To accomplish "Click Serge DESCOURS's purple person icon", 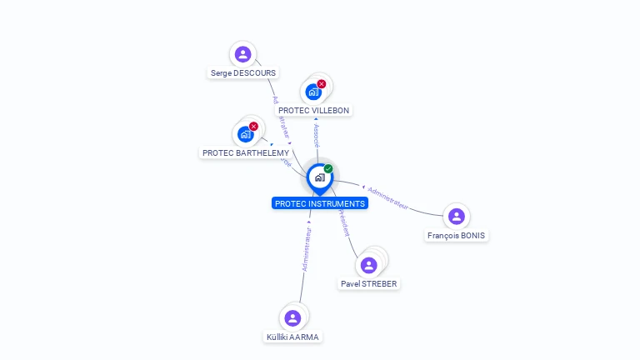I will [x=242, y=55].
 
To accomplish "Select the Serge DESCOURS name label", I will [x=243, y=73].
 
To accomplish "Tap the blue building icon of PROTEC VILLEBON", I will [x=313, y=92].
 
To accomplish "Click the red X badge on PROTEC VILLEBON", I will [x=322, y=84].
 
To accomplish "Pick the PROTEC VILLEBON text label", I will [x=314, y=110].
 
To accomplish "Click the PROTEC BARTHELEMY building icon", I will [x=245, y=134].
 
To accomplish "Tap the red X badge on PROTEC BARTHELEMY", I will [x=253, y=127].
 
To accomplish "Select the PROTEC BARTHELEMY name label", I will [x=246, y=153].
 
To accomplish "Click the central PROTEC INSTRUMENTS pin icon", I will [x=319, y=177].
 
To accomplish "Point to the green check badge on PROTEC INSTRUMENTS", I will [x=328, y=169].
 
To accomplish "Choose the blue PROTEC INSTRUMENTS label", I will [x=319, y=203].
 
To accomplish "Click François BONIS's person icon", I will [x=456, y=217].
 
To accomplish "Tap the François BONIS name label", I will [x=456, y=236].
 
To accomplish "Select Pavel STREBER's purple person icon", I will [x=368, y=265].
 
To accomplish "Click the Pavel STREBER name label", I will [x=369, y=283].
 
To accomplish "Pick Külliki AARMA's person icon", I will [x=292, y=318].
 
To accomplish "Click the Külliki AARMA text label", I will [x=292, y=337].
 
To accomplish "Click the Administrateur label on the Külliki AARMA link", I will [x=307, y=251].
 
